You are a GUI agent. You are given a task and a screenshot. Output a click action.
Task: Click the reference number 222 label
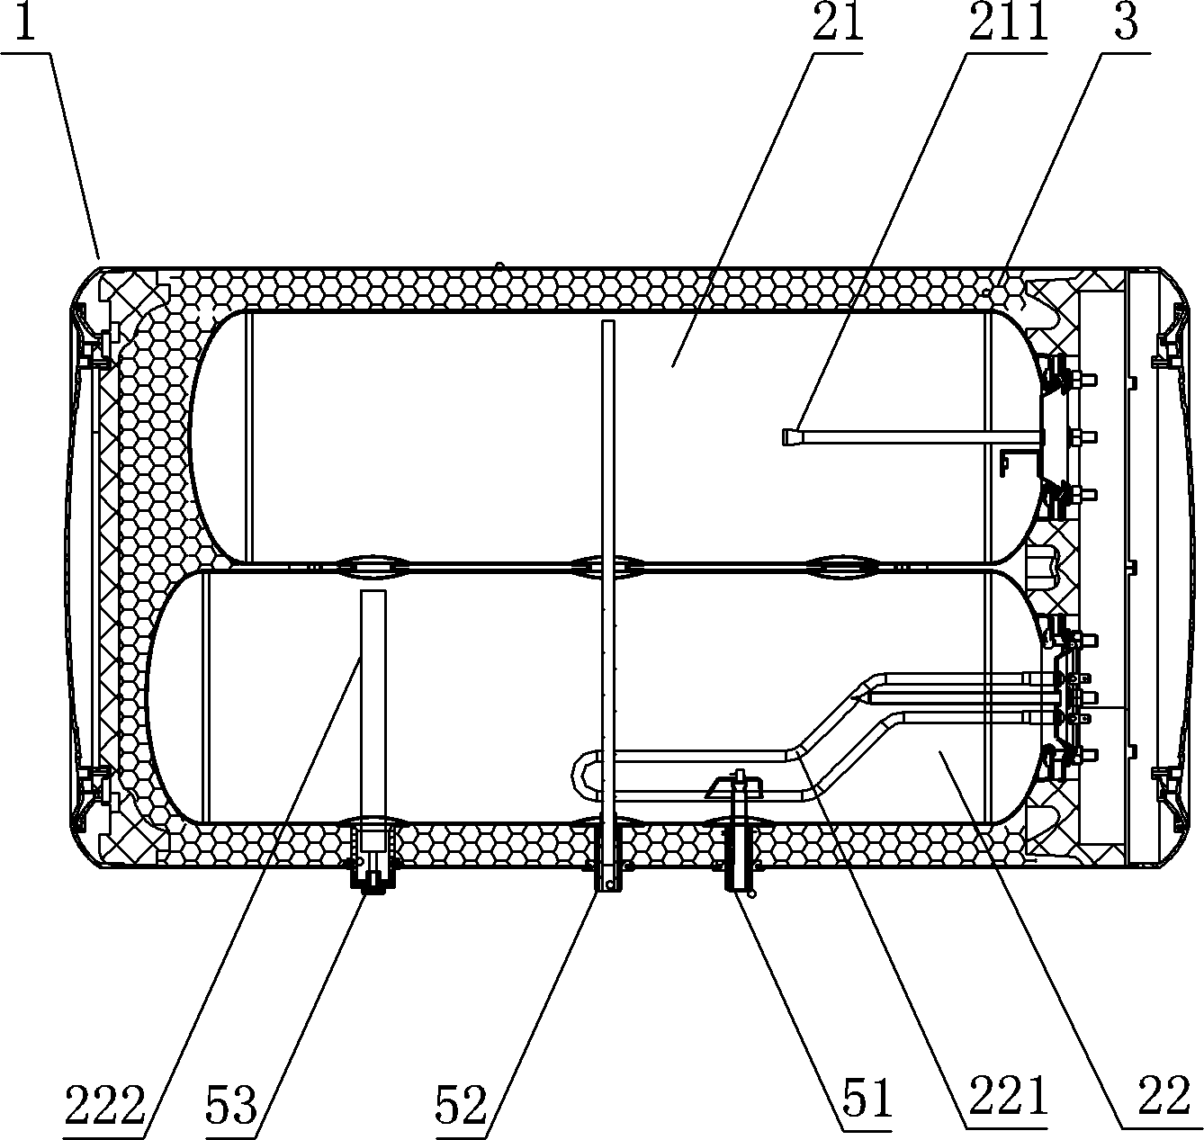[105, 1105]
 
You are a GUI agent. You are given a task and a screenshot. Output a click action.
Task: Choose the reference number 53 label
[231, 1105]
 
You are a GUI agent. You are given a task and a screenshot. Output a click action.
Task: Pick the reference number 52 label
[461, 1105]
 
